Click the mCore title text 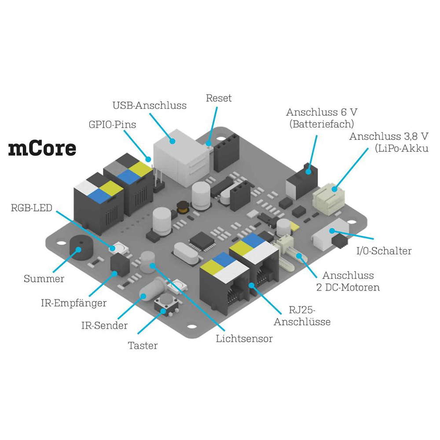click(x=42, y=149)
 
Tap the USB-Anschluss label click(x=149, y=106)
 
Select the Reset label click(x=219, y=98)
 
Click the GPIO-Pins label click(x=112, y=125)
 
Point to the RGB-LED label click(x=32, y=208)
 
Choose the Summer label click(x=44, y=279)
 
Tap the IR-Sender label click(x=104, y=326)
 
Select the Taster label click(x=143, y=346)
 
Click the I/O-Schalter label click(x=384, y=251)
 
